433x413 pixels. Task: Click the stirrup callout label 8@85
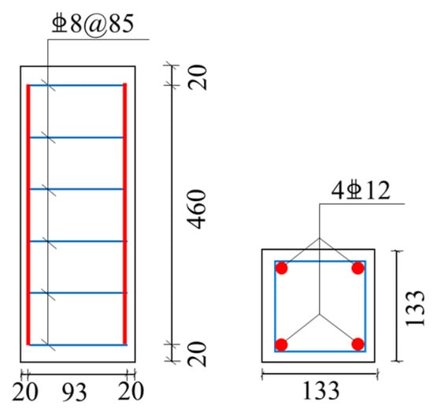pos(93,24)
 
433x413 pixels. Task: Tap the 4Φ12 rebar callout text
pos(361,191)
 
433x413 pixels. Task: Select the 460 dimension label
pos(197,210)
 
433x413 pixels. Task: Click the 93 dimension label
pos(74,392)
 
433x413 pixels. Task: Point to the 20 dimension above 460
pos(197,77)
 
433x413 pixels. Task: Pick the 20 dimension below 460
pos(197,355)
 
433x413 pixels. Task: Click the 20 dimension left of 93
pos(25,392)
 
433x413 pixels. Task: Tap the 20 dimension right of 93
pos(131,391)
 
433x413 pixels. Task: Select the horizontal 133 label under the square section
pos(321,390)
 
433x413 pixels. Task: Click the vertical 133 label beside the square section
pos(414,308)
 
